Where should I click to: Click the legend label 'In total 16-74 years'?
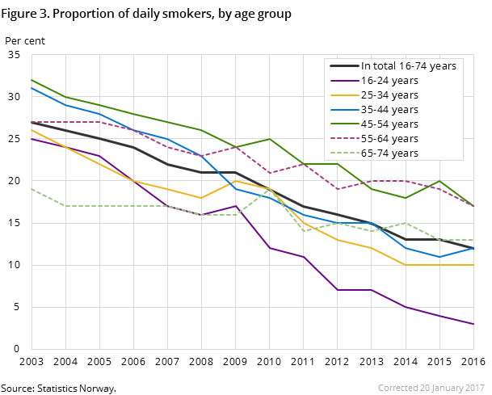408,66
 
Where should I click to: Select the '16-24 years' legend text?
389,81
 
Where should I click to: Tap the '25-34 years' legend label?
389,95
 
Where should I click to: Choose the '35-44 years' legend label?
389,110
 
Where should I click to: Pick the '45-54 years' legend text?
389,124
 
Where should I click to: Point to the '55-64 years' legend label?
389,139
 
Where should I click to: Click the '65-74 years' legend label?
389,153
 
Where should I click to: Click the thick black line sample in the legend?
343,66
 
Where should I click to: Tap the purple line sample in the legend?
343,81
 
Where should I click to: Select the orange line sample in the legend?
343,95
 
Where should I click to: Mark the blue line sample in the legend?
343,110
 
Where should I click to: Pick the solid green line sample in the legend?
343,124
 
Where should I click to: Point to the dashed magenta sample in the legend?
343,139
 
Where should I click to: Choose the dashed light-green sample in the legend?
343,153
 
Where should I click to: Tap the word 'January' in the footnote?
447,388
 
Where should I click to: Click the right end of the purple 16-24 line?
473,324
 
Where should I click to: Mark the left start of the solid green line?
32,80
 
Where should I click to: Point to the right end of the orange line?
473,265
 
